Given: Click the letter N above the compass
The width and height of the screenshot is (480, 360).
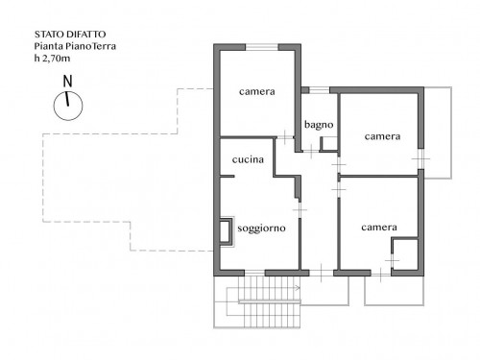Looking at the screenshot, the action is [67, 82].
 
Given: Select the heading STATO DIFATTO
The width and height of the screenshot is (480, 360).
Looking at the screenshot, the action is [70, 35].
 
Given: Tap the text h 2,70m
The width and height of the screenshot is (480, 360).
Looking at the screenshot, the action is [52, 59].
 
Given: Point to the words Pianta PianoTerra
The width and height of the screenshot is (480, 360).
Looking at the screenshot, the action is [75, 46].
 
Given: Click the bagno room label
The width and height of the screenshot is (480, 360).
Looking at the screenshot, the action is [319, 125].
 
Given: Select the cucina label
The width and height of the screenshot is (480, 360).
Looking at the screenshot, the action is [248, 159].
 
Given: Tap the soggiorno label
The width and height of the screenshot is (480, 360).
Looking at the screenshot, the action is [261, 228].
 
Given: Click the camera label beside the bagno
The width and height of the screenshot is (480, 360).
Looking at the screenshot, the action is [382, 136].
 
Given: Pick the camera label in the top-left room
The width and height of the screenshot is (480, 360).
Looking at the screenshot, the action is [257, 92].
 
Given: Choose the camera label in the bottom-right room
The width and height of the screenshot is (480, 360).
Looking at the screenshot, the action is [379, 228].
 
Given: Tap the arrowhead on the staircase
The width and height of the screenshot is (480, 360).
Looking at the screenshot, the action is [298, 288].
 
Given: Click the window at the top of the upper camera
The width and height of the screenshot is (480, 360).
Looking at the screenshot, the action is [262, 47].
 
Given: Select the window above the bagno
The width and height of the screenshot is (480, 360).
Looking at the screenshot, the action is [319, 90].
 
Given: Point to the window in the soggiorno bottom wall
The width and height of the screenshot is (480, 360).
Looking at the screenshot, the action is [254, 273].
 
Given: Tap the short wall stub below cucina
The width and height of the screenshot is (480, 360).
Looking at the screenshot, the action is [228, 177].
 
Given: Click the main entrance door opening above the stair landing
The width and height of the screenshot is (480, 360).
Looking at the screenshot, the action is [322, 273].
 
